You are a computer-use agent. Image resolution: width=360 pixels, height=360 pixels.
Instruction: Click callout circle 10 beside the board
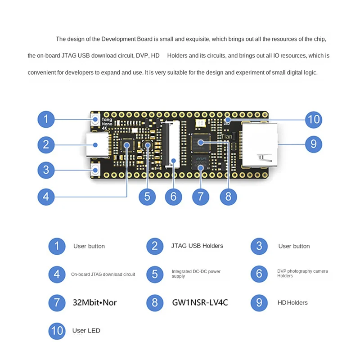314,119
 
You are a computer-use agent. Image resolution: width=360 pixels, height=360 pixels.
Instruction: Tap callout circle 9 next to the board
314,144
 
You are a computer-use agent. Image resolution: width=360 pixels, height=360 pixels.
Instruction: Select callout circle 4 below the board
46,197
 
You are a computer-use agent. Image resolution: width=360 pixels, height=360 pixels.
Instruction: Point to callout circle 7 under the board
201,197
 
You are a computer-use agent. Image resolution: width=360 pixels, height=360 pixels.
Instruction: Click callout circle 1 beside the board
46,119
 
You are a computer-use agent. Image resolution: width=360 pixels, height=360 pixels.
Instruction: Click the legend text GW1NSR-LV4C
200,302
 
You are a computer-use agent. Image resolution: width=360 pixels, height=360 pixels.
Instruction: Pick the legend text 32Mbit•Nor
94,302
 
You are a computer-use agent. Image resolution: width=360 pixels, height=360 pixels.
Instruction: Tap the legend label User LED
86,331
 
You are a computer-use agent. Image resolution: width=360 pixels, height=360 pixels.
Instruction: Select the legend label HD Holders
292,302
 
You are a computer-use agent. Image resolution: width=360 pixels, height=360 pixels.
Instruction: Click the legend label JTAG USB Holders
197,246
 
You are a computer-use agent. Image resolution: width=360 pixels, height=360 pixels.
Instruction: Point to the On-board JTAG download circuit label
103,274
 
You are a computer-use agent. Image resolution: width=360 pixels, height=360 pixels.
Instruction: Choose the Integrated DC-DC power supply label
196,274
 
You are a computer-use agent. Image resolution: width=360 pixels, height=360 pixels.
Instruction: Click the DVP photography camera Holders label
302,274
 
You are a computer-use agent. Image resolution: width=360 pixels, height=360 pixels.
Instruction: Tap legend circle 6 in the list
259,274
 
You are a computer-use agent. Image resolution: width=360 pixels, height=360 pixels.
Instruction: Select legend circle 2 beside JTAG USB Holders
155,246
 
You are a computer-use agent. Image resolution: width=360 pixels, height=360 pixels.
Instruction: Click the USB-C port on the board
97,145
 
